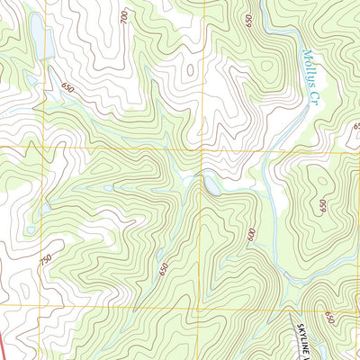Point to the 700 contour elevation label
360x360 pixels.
coord(123,15)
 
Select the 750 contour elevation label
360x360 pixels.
coord(46,259)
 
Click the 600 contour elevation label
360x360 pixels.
coord(253,236)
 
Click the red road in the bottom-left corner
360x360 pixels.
coord(4,346)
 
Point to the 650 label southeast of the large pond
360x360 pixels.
coord(67,86)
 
